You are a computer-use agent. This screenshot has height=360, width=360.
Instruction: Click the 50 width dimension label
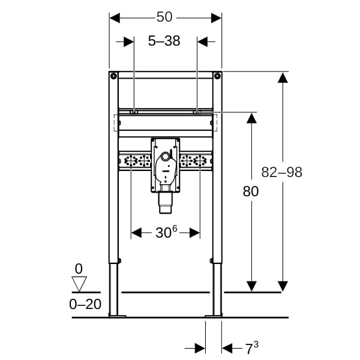click(x=164, y=17)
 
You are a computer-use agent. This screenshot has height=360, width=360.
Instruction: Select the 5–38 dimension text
click(x=164, y=41)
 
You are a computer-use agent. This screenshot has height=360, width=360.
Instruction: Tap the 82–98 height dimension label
click(x=282, y=172)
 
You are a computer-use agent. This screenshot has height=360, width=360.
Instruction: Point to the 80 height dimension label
click(x=251, y=191)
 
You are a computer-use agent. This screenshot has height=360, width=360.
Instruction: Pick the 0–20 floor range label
click(x=85, y=304)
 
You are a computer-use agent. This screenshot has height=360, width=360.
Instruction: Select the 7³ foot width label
click(x=252, y=348)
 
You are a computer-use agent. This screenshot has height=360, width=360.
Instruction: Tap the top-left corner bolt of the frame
click(x=113, y=76)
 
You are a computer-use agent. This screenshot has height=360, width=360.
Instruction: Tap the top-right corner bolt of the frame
click(x=217, y=76)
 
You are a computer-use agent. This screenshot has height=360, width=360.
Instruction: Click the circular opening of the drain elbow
click(x=165, y=157)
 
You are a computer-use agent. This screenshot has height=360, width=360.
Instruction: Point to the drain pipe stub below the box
click(x=166, y=203)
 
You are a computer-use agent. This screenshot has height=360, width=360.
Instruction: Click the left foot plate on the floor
click(x=118, y=316)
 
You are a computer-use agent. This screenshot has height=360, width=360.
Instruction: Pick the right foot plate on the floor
click(x=214, y=316)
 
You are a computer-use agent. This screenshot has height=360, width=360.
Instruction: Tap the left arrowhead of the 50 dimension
click(x=115, y=18)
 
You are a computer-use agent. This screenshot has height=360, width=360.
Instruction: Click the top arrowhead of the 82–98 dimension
click(x=283, y=77)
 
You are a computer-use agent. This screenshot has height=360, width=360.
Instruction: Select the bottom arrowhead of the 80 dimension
click(x=251, y=286)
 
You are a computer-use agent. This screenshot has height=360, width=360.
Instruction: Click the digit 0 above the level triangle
click(x=79, y=268)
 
